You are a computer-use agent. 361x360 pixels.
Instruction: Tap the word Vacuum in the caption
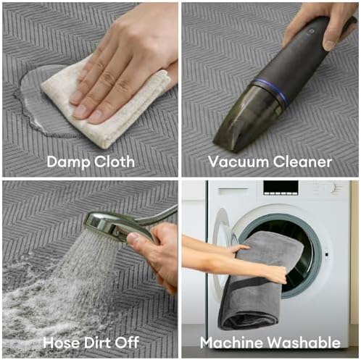coord(238,162)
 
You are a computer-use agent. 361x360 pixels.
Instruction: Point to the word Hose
coord(61,342)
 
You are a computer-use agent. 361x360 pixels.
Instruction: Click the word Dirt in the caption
coord(97,342)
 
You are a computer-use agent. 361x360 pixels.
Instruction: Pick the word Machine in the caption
coord(232,343)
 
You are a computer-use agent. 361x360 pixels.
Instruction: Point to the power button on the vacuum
coord(312,31)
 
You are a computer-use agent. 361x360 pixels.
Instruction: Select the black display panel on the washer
coord(281,188)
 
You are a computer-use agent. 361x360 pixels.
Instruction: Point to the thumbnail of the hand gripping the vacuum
coord(329,44)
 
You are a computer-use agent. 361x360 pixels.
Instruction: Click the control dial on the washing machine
coord(336,188)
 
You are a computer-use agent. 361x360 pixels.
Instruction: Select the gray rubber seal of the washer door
coord(314,254)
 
